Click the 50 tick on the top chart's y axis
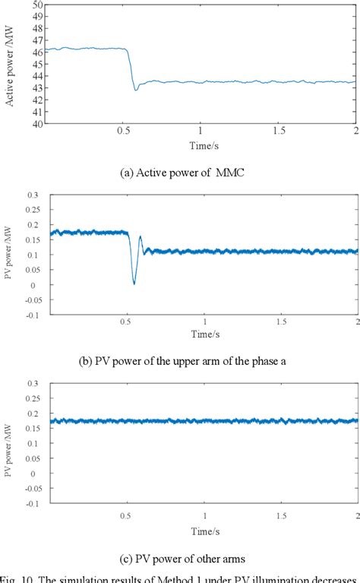click(36, 5)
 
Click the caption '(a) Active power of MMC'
click(179, 172)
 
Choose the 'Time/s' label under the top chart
click(201, 144)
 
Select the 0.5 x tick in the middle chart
click(124, 321)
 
